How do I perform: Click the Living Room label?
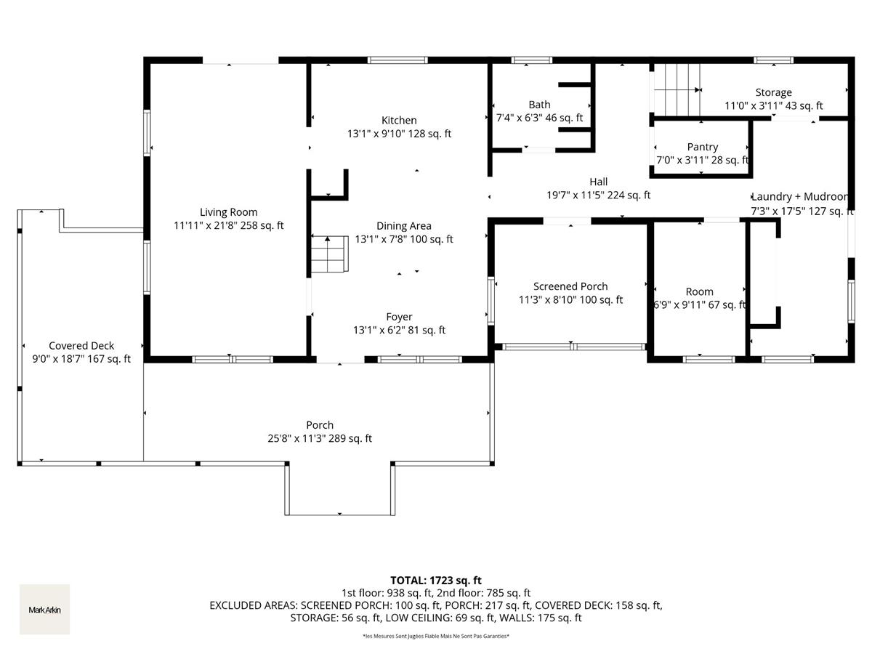point(229,212)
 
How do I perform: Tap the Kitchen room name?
point(399,121)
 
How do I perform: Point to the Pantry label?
point(702,147)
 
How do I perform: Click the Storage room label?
point(773,93)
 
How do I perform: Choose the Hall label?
point(598,182)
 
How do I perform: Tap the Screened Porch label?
point(570,286)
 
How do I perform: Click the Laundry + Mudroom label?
point(799,197)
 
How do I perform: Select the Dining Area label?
point(403,226)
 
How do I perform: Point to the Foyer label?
point(399,317)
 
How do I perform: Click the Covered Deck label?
point(81,346)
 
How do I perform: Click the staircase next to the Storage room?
point(675,89)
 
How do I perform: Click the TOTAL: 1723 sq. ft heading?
point(436,580)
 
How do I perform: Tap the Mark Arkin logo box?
point(44,610)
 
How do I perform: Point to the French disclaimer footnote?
point(436,637)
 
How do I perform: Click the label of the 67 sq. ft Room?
point(699,291)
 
